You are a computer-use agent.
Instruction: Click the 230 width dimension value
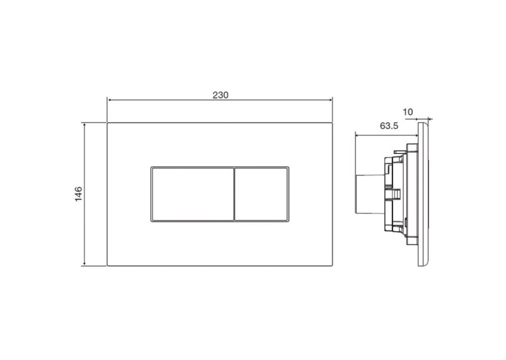[x=221, y=95]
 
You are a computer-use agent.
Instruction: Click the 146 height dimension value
[x=79, y=194]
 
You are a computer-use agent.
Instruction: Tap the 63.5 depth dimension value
[x=389, y=126]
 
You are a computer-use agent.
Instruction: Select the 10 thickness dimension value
[x=408, y=112]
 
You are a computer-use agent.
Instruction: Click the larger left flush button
[x=192, y=194]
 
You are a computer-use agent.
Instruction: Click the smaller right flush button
[x=261, y=194]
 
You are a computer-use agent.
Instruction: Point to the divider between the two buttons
[x=233, y=194]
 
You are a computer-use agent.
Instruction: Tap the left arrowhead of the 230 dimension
[x=110, y=100]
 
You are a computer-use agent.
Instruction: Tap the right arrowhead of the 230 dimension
[x=330, y=100]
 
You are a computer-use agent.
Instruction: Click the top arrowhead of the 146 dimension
[x=85, y=125]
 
